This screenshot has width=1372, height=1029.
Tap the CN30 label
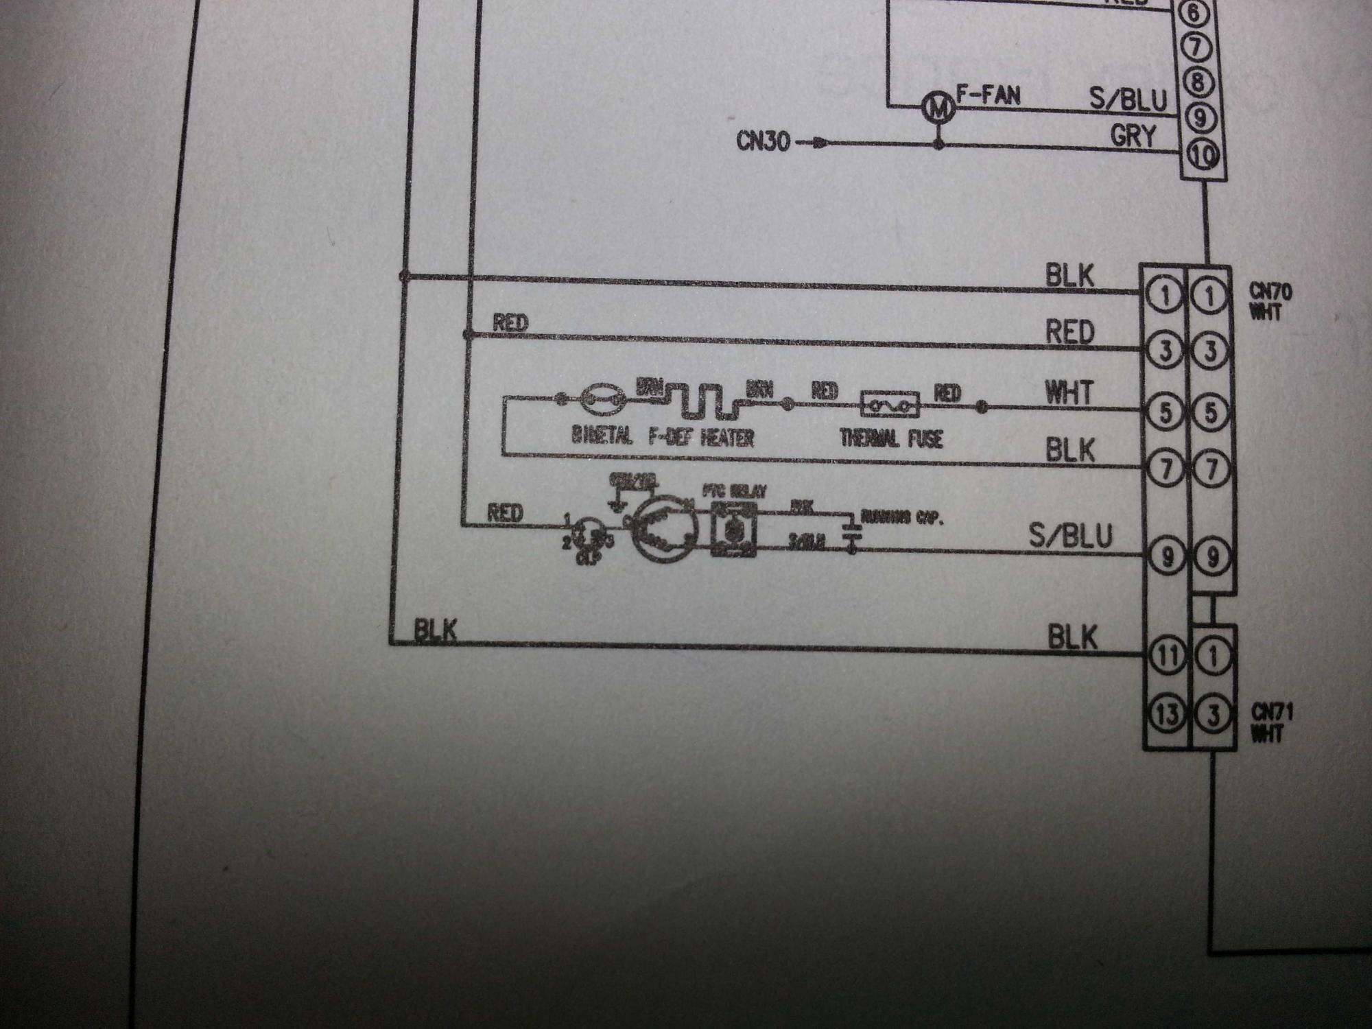tap(763, 141)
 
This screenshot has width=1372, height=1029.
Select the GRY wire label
tap(1133, 136)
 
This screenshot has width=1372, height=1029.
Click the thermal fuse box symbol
tap(890, 405)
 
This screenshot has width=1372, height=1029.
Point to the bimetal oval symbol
tap(603, 399)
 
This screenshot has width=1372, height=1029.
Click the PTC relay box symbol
tap(734, 528)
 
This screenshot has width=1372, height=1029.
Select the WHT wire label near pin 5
tap(1068, 393)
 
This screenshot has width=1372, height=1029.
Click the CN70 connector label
tap(1270, 301)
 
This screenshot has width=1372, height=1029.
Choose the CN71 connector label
tap(1271, 722)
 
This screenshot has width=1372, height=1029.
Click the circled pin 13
tap(1167, 714)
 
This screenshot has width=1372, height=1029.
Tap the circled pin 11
tap(1167, 656)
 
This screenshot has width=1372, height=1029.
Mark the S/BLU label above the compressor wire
tap(1070, 536)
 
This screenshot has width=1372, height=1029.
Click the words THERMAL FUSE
tap(891, 438)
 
